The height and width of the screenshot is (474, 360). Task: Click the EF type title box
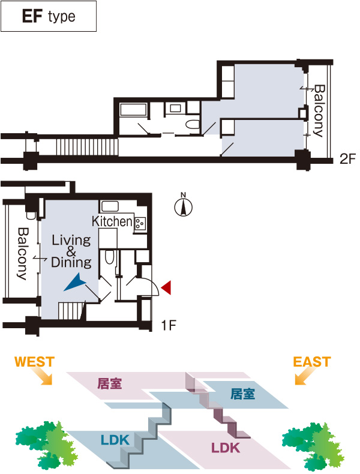coord(49,16)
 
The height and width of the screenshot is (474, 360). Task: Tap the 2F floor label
coord(348,159)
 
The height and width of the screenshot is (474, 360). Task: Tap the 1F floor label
coord(169,326)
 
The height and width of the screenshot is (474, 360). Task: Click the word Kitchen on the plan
coord(112,221)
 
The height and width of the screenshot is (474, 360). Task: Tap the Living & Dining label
coord(71,251)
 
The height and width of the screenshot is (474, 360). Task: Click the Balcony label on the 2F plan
coord(319,110)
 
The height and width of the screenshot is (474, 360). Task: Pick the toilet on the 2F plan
coord(193,125)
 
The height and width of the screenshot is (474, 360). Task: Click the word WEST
coord(34,362)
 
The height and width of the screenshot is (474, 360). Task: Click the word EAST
coord(311,362)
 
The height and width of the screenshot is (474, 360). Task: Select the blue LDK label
coord(115,439)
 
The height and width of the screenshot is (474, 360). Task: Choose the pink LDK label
coord(225,447)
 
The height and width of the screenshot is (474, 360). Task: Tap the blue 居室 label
coord(242,394)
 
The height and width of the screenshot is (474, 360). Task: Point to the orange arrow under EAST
coord(304,377)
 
